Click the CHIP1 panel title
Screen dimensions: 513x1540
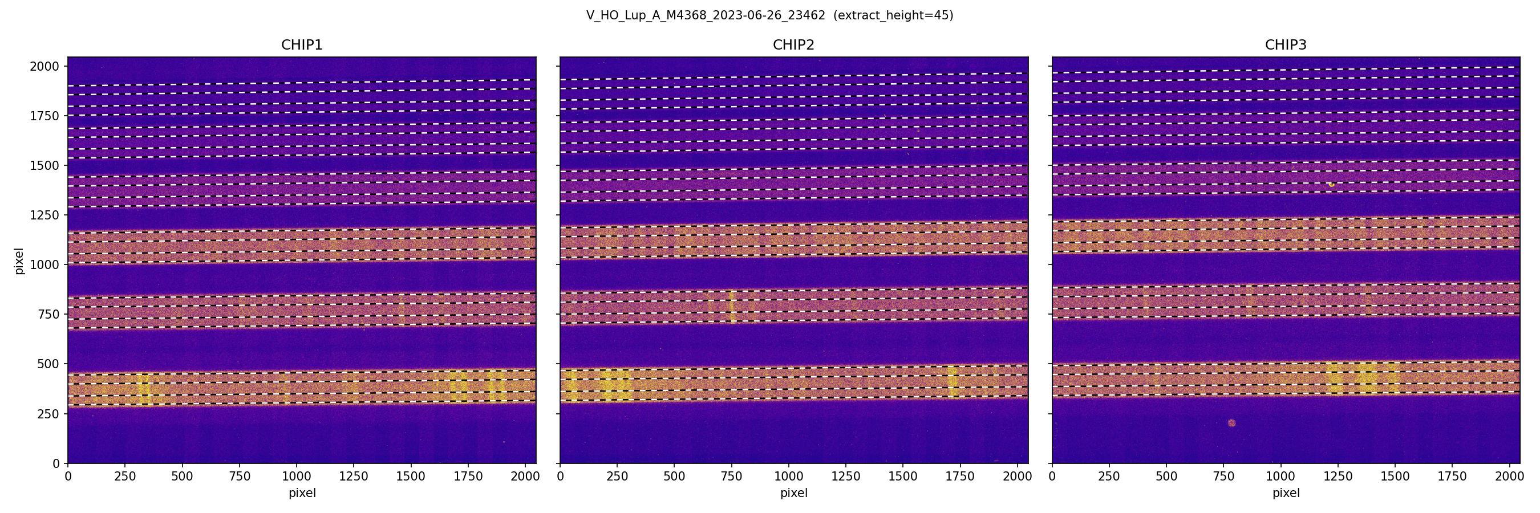[x=302, y=45]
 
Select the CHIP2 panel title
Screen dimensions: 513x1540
[x=793, y=45]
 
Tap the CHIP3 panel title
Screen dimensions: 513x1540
[x=1285, y=45]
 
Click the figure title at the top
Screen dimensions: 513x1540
[x=769, y=15]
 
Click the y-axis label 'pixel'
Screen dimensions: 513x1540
[x=19, y=261]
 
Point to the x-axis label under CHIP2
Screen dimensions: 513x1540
[x=793, y=493]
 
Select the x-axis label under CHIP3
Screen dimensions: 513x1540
[x=1285, y=493]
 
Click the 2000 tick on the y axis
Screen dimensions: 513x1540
[x=45, y=66]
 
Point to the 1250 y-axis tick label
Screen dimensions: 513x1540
[x=45, y=215]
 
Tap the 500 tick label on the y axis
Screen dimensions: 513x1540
[x=48, y=364]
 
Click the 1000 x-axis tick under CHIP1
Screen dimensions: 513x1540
[x=297, y=477]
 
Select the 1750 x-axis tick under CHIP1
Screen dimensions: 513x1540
[x=468, y=477]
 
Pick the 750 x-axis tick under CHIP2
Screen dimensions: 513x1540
[x=732, y=477]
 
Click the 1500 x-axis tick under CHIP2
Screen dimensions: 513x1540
[x=903, y=477]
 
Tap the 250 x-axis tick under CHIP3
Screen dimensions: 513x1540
[x=1109, y=477]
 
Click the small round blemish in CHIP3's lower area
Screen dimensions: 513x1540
[x=1231, y=423]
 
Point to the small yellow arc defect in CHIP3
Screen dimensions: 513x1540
[x=1331, y=185]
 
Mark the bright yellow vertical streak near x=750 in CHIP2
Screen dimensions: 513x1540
[x=731, y=306]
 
